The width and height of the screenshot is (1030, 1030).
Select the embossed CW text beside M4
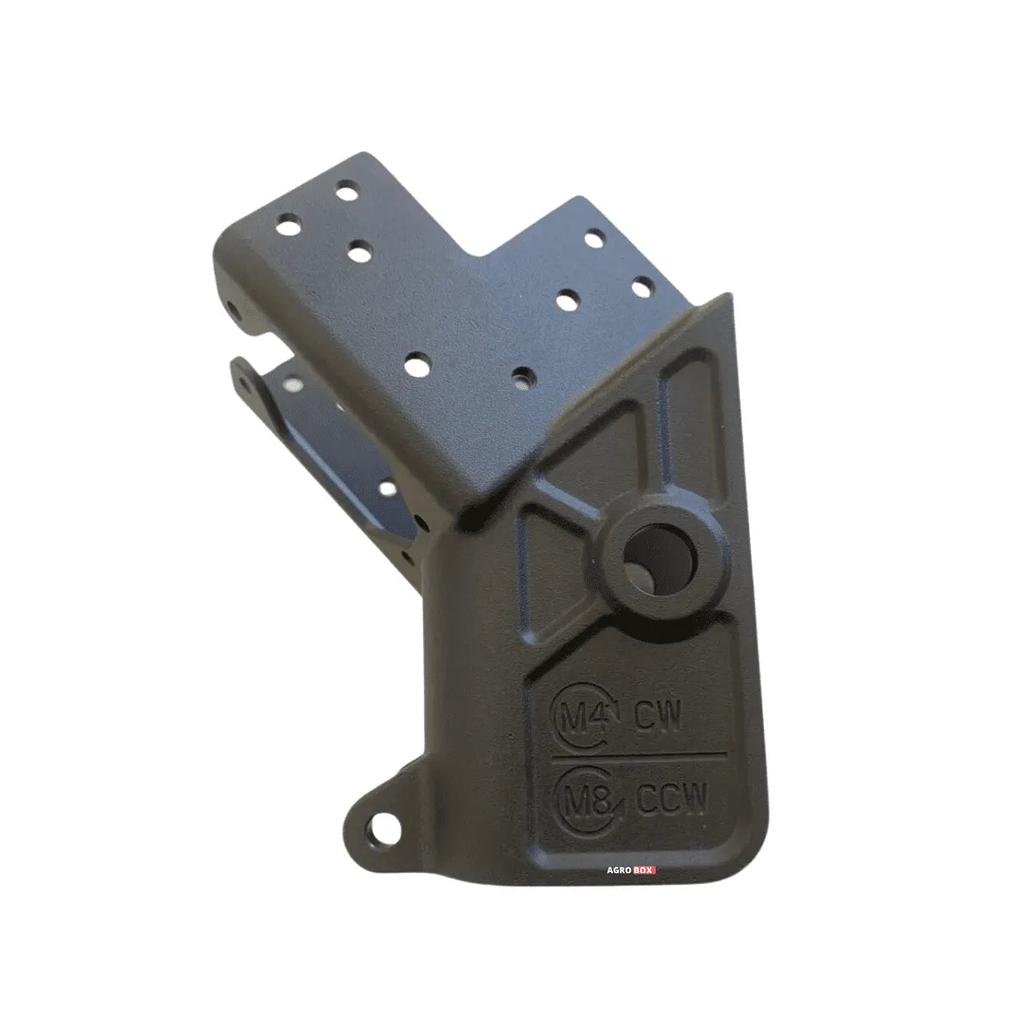[x=659, y=718]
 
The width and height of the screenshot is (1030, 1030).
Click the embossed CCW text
[x=673, y=801]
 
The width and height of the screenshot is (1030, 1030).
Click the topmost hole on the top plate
[x=347, y=191]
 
